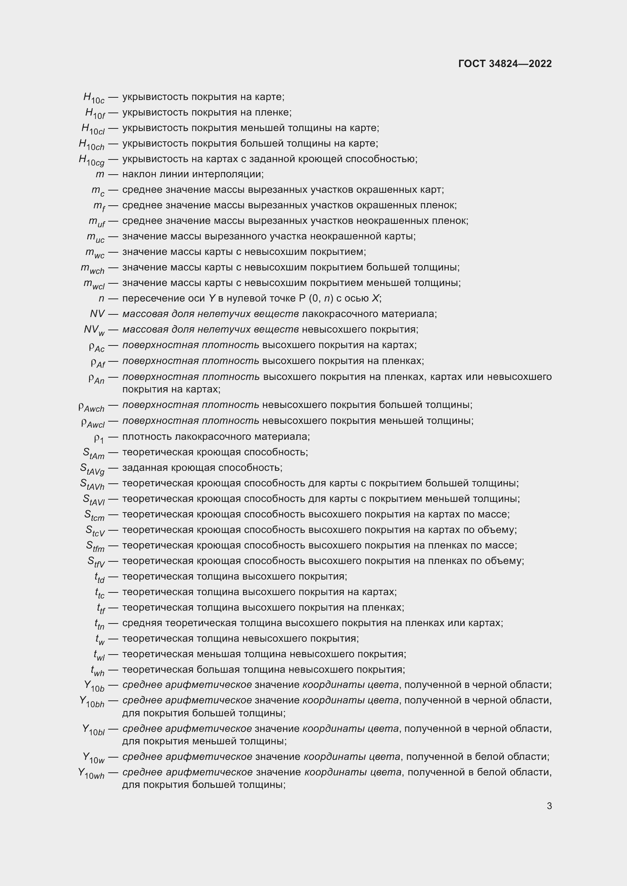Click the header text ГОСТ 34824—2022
[505, 64]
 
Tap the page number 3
[549, 806]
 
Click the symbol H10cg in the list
[91, 160]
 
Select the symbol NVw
[94, 330]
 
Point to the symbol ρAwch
[91, 406]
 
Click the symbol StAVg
[92, 469]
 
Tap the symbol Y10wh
[91, 773]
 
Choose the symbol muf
[97, 222]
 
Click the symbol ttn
[100, 623]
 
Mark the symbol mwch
[92, 268]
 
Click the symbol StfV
[96, 561]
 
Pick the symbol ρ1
[99, 438]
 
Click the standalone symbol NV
[97, 314]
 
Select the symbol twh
[98, 670]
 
